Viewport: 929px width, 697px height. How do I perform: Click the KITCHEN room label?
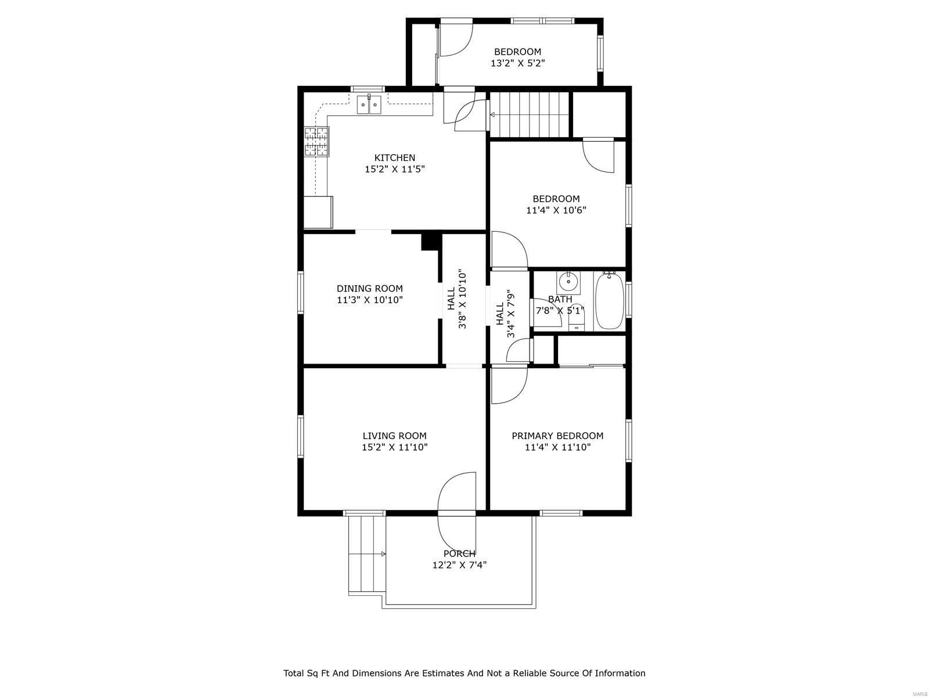[x=394, y=158]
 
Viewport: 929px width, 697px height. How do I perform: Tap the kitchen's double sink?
[x=369, y=105]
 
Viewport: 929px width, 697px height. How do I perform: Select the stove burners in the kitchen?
[x=316, y=142]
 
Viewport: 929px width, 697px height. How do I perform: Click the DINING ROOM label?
[x=369, y=289]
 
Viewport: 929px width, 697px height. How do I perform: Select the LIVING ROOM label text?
[x=394, y=436]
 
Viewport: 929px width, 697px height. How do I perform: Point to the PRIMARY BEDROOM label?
[x=557, y=436]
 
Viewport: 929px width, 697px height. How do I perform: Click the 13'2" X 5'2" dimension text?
[x=517, y=63]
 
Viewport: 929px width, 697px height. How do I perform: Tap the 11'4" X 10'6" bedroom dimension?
[x=556, y=210]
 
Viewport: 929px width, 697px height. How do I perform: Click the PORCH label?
[x=459, y=554]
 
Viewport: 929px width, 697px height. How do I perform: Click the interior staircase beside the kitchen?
[x=529, y=114]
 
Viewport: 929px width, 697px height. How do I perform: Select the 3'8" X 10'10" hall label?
[x=456, y=299]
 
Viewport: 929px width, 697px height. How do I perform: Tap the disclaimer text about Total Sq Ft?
[x=464, y=673]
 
